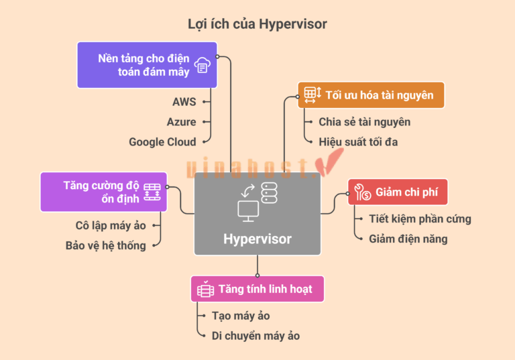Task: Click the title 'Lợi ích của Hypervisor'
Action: pyautogui.click(x=257, y=24)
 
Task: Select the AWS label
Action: pyautogui.click(x=184, y=102)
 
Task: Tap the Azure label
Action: pyautogui.click(x=181, y=122)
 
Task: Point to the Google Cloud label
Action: pyautogui.click(x=162, y=142)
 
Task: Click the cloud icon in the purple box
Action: pyautogui.click(x=203, y=65)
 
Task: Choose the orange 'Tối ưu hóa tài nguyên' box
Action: pyautogui.click(x=371, y=95)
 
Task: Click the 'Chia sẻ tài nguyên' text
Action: pyautogui.click(x=365, y=122)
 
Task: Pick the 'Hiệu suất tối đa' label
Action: pyautogui.click(x=358, y=142)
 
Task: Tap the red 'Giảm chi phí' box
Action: pyautogui.click(x=398, y=192)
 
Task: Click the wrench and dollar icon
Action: pyautogui.click(x=363, y=192)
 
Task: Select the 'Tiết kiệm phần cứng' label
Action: pyautogui.click(x=420, y=219)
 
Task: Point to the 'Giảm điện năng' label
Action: pyautogui.click(x=408, y=239)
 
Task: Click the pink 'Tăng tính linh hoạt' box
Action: pyautogui.click(x=257, y=289)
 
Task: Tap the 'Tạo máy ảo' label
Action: pyautogui.click(x=241, y=316)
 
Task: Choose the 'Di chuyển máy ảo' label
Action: pyautogui.click(x=256, y=336)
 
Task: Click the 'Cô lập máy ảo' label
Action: pyautogui.click(x=111, y=226)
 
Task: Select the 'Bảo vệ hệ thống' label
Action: pyautogui.click(x=106, y=245)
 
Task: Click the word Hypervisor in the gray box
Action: pyautogui.click(x=257, y=239)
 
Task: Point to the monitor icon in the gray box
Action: pyautogui.click(x=248, y=211)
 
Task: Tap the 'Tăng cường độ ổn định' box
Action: pyautogui.click(x=103, y=192)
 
